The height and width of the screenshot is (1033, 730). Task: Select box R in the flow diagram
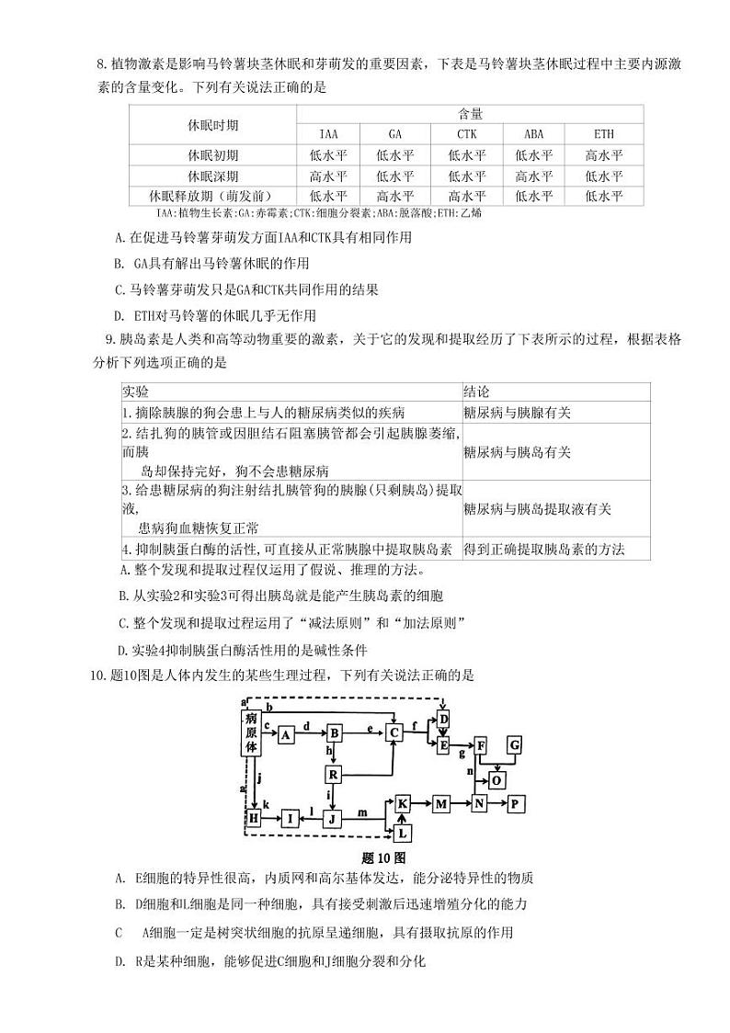tap(334, 775)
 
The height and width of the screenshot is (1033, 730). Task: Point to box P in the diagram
tap(515, 803)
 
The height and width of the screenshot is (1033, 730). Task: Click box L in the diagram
tap(402, 833)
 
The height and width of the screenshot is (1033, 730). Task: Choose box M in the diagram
tap(441, 803)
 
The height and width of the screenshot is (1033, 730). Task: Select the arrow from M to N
tap(461, 803)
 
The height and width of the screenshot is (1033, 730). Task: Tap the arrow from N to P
tap(496, 803)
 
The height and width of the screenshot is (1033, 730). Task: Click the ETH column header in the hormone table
tap(604, 133)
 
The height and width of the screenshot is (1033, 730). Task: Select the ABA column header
tap(533, 133)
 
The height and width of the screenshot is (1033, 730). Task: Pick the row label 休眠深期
tap(212, 176)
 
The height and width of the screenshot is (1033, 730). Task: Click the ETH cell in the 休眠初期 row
tap(604, 155)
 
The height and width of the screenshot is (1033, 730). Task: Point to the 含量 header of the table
tap(470, 114)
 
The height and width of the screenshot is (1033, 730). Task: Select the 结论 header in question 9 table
tap(477, 392)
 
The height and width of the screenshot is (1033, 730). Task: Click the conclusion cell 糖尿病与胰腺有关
tap(517, 413)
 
